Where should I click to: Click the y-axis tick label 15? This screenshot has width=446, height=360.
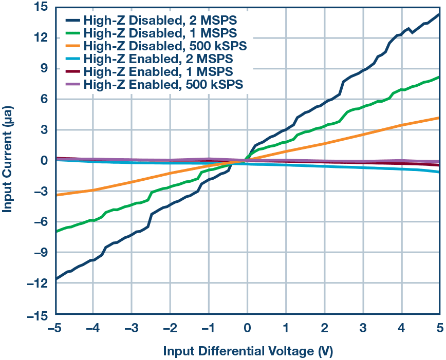coord(42,7)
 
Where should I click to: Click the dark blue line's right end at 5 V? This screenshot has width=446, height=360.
coord(440,14)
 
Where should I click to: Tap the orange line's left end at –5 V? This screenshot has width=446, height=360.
coord(56,195)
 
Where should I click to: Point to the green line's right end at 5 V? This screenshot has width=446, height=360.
coord(440,77)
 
